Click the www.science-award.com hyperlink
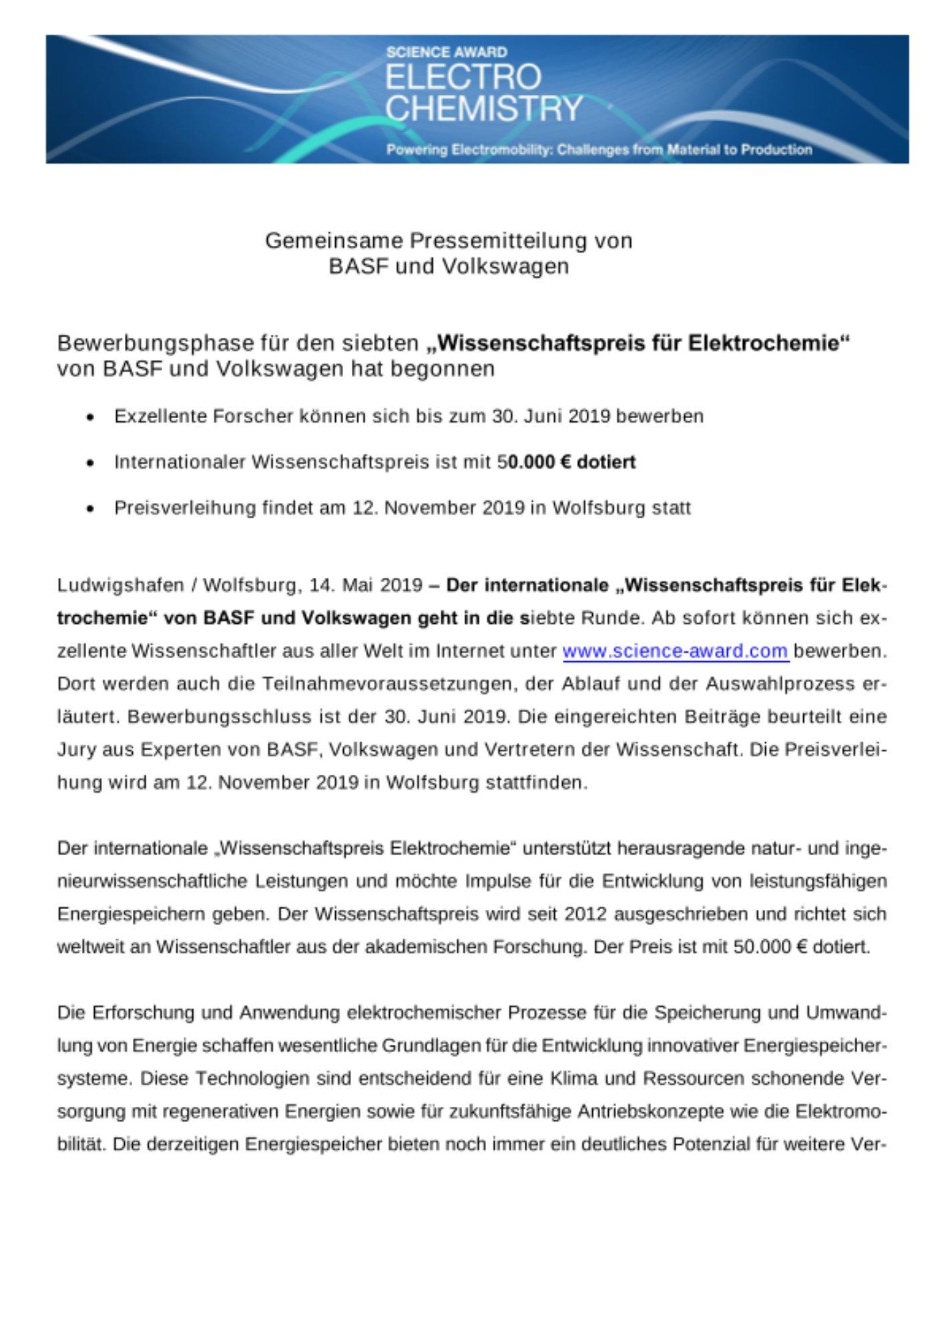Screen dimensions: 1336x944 tap(676, 651)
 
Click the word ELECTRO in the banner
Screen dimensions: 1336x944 tap(463, 77)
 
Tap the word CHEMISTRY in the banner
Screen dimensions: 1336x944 tap(484, 108)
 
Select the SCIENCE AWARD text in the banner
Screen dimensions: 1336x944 tap(447, 52)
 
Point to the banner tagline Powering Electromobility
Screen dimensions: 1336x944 tap(599, 150)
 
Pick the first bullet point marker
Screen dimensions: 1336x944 tap(90, 417)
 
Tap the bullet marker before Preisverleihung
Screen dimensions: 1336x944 tap(90, 509)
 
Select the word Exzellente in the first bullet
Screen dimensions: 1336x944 tap(160, 416)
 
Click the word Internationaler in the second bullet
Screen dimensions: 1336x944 tap(180, 462)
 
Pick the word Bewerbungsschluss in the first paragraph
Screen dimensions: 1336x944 tap(220, 717)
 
